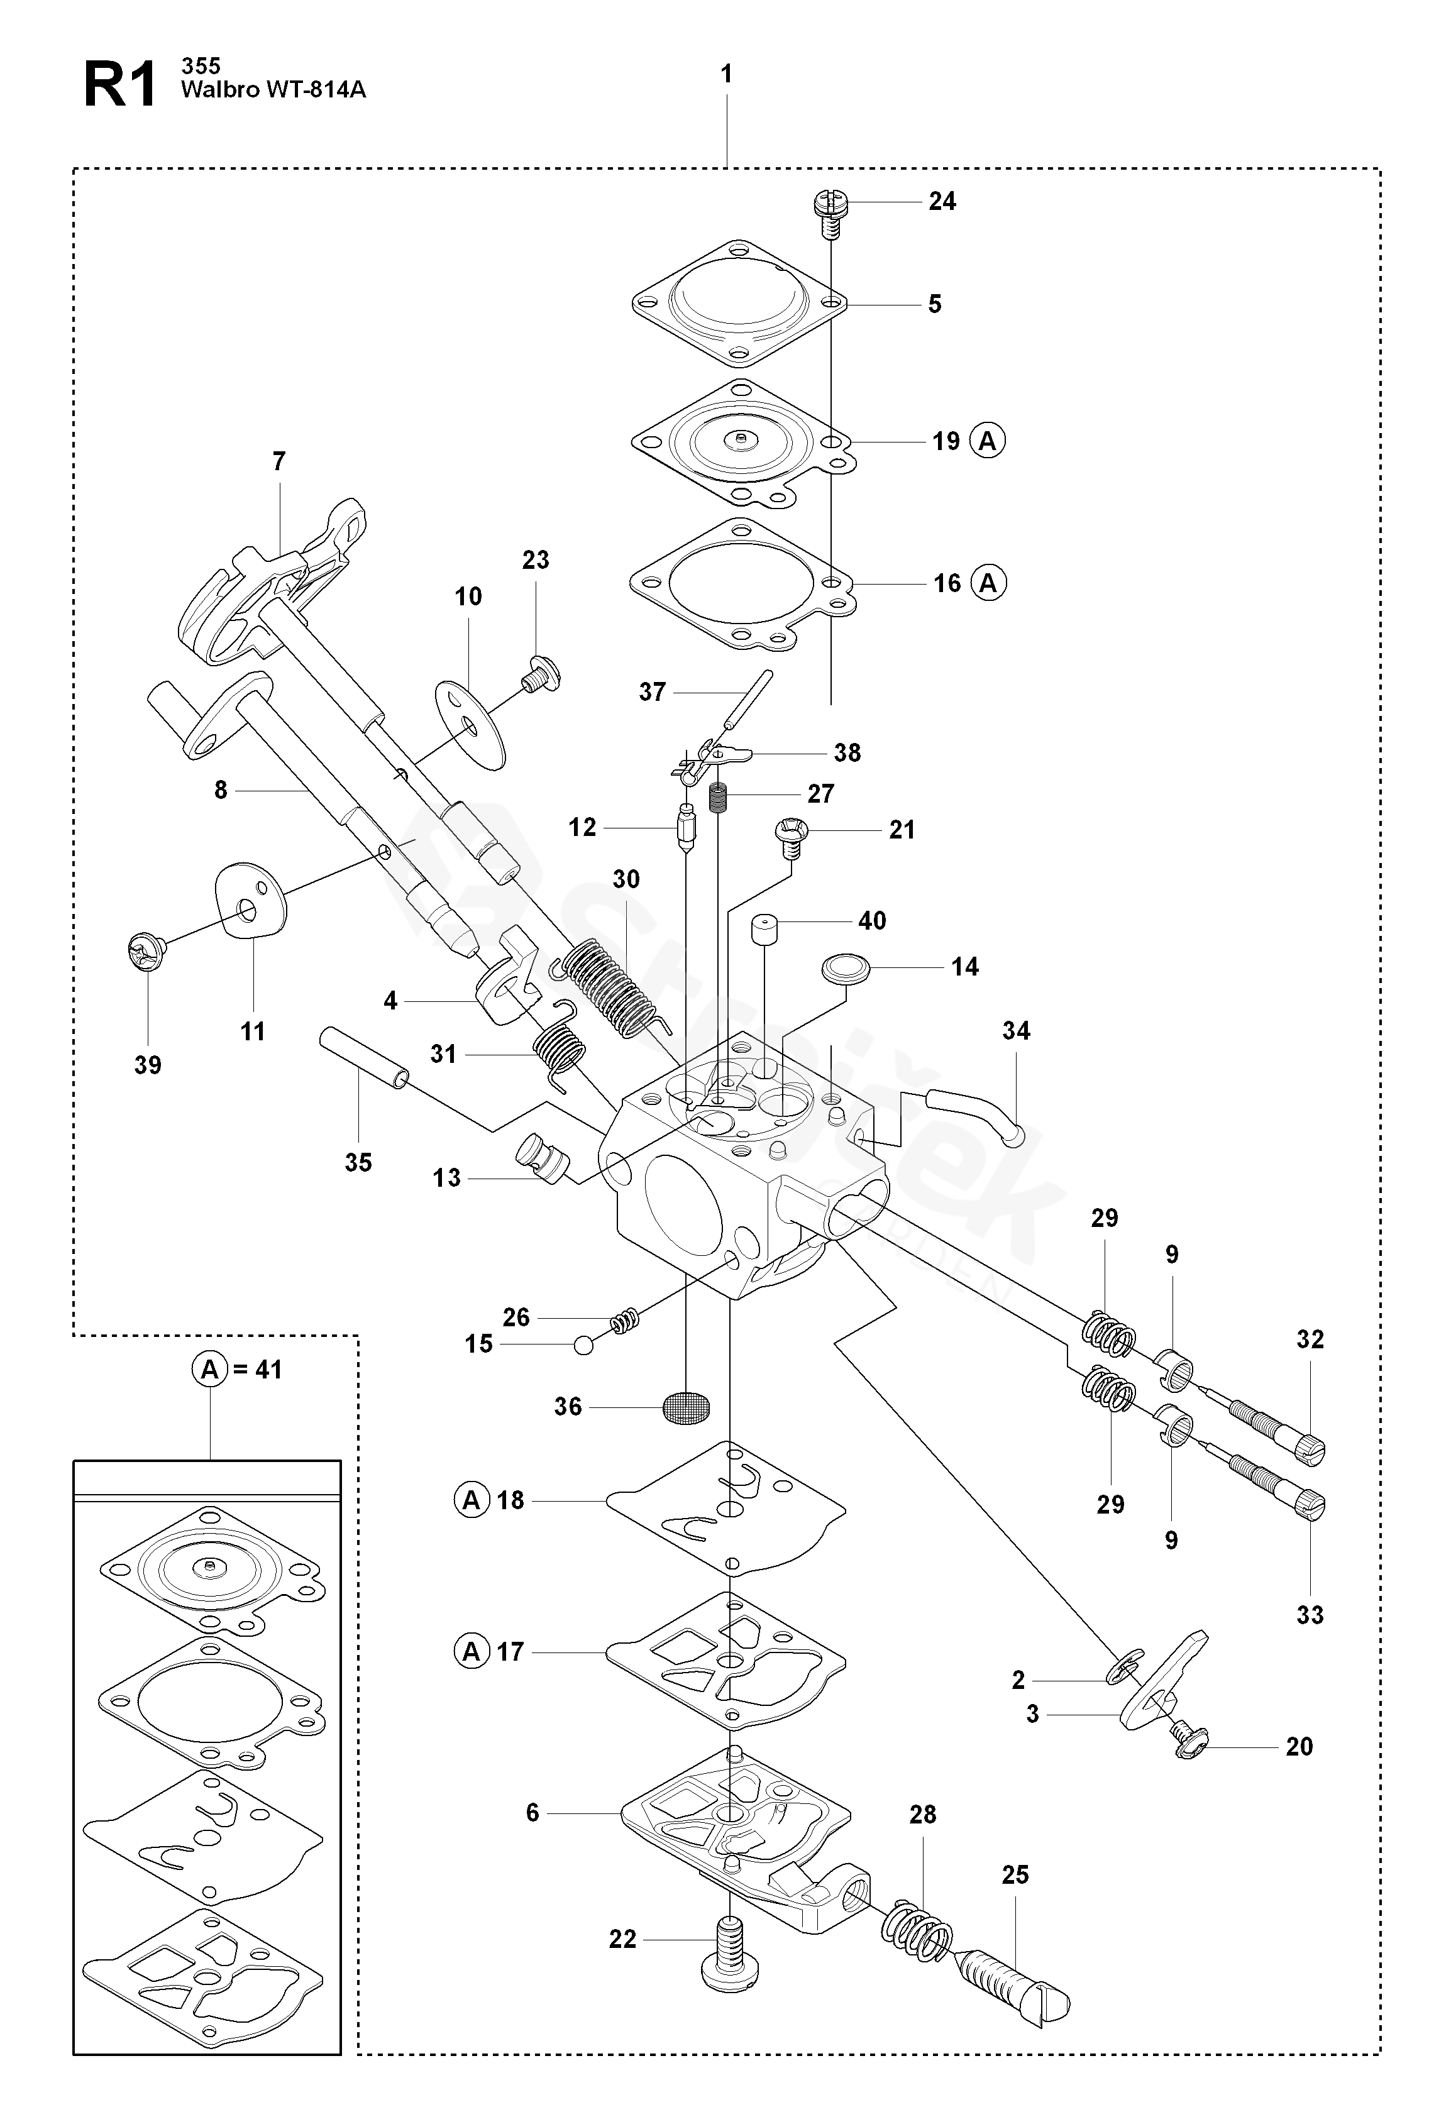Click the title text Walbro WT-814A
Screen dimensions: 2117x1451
[273, 89]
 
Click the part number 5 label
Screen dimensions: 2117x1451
[935, 304]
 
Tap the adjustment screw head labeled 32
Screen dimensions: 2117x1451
[1308, 1448]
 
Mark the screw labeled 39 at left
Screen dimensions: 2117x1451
[144, 950]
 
